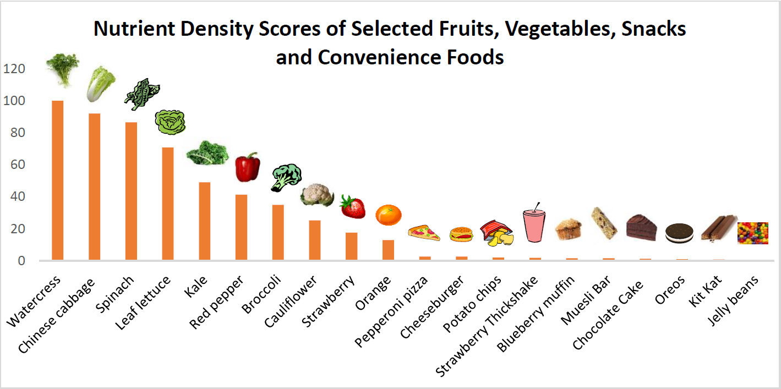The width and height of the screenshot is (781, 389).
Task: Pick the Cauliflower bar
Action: pyautogui.click(x=314, y=240)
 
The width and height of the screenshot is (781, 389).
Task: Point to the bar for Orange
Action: pyautogui.click(x=388, y=250)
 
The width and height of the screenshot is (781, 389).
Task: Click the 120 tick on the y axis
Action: pyautogui.click(x=15, y=69)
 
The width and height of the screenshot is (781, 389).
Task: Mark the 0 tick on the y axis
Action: pyautogui.click(x=21, y=261)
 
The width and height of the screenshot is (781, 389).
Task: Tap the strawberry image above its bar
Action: pyautogui.click(x=352, y=207)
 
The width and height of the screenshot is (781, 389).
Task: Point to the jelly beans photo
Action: pyautogui.click(x=752, y=233)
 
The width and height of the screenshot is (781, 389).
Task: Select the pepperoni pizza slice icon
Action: pyautogui.click(x=424, y=233)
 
